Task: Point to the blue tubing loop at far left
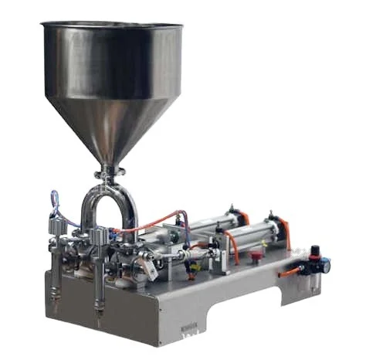[x=54, y=202]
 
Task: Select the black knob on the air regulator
[x=314, y=250]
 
